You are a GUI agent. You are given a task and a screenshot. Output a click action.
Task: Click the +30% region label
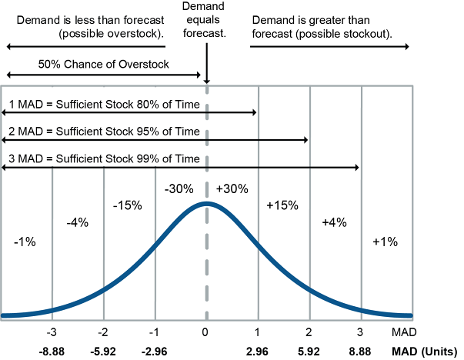pos(231,188)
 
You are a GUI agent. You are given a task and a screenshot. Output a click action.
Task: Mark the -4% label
pos(78,222)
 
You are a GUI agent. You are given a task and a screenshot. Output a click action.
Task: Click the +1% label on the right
pos(384,242)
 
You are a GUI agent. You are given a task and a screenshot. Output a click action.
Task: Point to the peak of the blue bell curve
pos(205,204)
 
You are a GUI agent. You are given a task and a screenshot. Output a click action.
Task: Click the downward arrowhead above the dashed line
pos(206,78)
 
